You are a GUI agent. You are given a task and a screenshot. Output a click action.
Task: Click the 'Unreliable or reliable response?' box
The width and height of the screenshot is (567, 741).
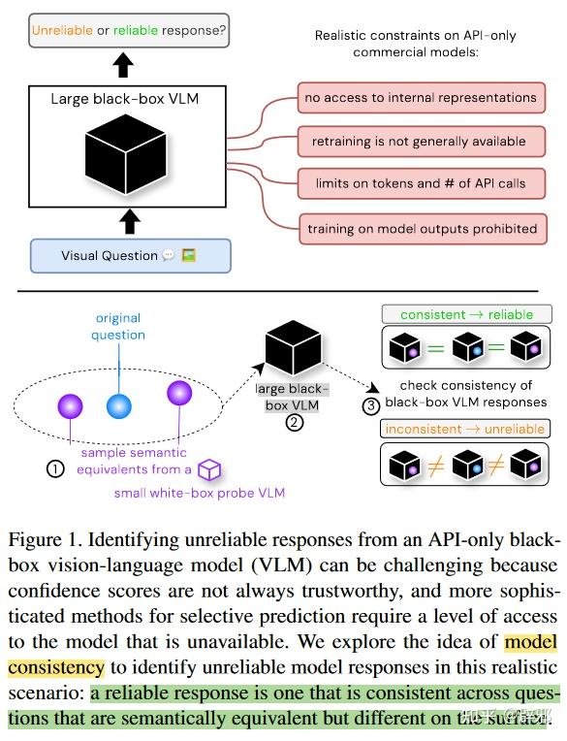[x=129, y=30]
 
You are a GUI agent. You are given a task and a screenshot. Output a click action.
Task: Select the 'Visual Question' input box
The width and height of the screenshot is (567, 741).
[x=129, y=256]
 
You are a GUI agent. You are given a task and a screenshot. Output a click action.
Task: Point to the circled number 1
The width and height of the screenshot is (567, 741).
[x=55, y=468]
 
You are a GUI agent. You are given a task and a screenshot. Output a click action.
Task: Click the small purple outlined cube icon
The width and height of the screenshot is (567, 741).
[x=209, y=470]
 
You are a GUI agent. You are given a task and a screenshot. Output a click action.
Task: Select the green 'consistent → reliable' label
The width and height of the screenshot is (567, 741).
[x=465, y=314]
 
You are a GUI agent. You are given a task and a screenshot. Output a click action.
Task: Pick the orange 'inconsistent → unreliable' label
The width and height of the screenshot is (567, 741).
[x=465, y=429]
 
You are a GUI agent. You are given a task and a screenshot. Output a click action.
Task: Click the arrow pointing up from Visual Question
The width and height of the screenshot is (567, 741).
[x=129, y=222]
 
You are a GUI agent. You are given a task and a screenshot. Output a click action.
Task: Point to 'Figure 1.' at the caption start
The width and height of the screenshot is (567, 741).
[x=42, y=540]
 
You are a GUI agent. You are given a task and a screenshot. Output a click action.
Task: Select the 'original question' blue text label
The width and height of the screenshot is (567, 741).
[x=119, y=327]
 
